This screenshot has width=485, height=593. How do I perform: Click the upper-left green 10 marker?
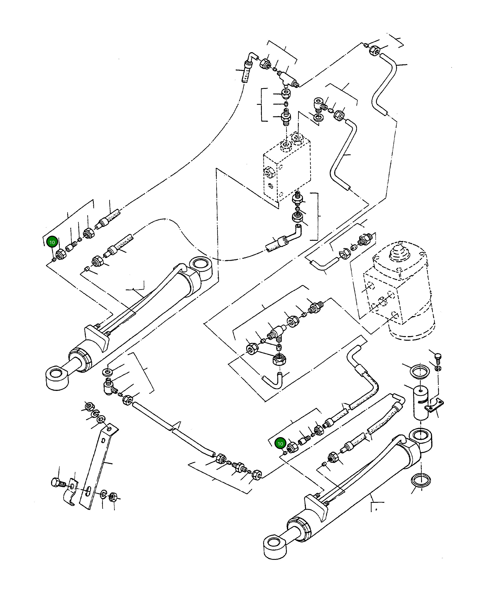coord(52,242)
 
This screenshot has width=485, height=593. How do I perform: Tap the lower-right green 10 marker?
coord(280,444)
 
